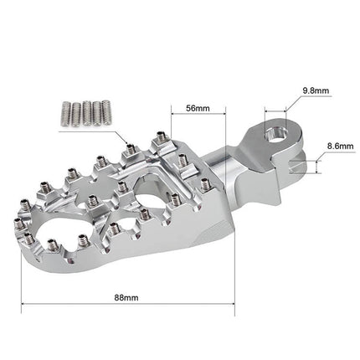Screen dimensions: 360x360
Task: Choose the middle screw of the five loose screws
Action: (x=85, y=111)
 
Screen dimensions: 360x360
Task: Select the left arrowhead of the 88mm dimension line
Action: (x=24, y=305)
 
